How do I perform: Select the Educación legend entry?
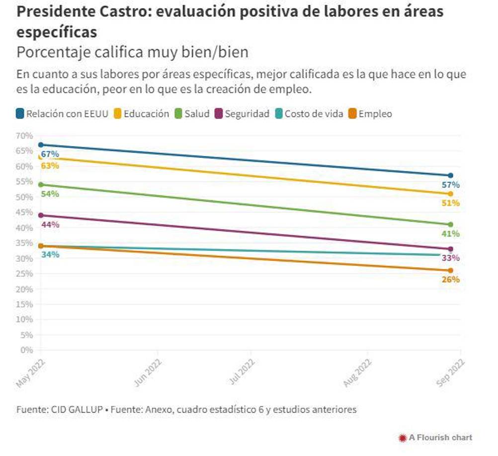(x=142, y=114)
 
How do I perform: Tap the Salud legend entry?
(x=192, y=114)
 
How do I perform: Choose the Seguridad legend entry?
(x=242, y=114)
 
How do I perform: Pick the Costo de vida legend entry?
(x=309, y=114)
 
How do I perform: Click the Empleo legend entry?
(x=370, y=114)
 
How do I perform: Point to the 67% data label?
(x=50, y=154)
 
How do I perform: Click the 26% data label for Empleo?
(x=450, y=279)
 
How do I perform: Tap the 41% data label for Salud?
(x=450, y=233)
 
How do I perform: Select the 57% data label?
(x=450, y=185)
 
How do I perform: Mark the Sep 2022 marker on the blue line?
(x=450, y=175)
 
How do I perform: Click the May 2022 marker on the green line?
(x=41, y=185)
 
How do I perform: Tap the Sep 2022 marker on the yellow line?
(x=450, y=194)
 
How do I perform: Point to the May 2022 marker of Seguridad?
(x=41, y=216)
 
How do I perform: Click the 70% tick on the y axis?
(x=24, y=136)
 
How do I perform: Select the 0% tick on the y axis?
(x=26, y=350)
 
